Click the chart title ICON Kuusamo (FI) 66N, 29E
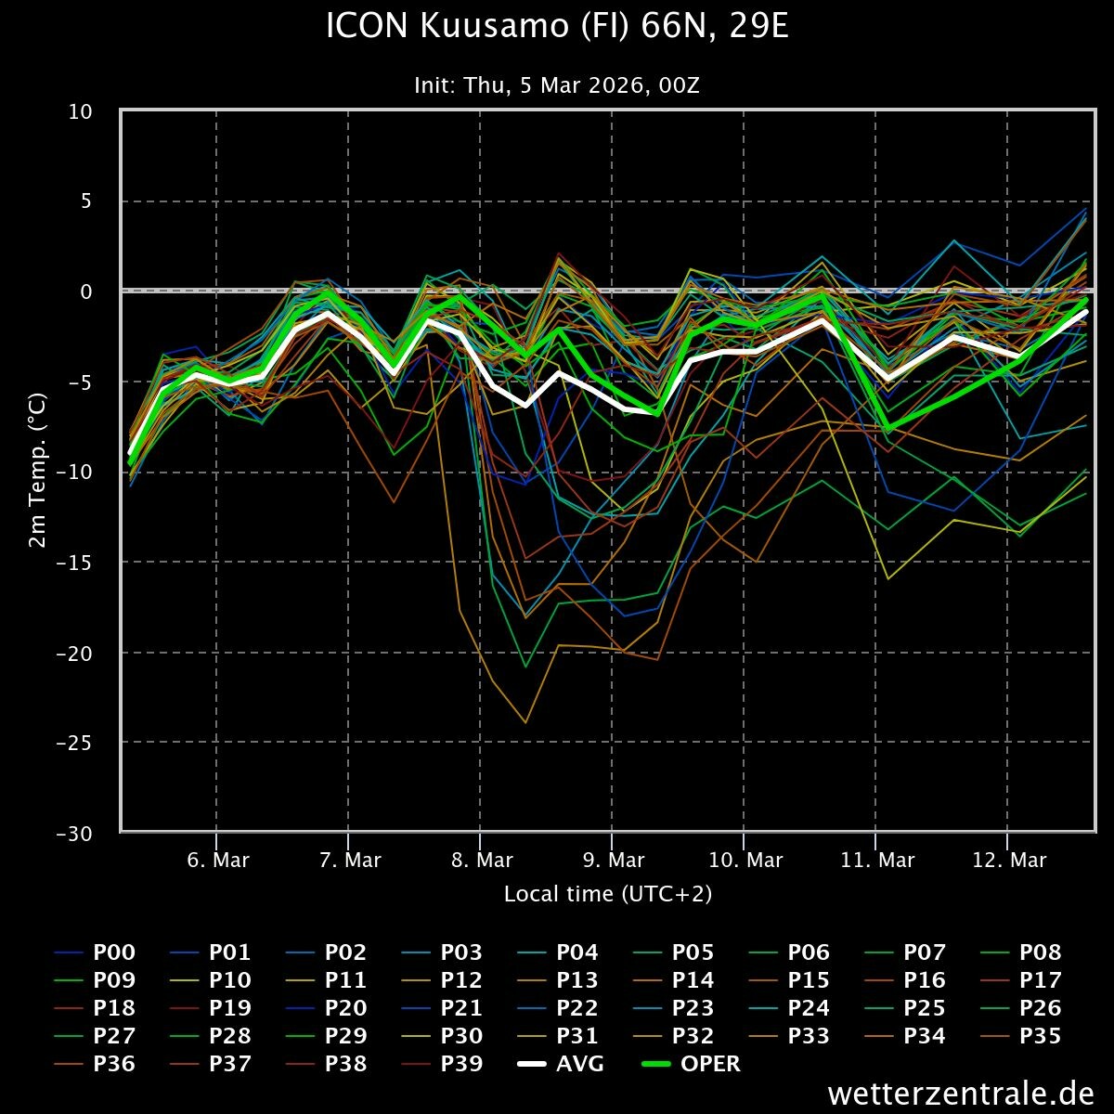point(557,26)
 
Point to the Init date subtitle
point(557,85)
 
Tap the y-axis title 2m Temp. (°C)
point(38,472)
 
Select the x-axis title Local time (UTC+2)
point(608,893)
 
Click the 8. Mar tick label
point(482,861)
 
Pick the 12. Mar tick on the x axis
point(1009,861)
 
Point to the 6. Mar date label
point(218,861)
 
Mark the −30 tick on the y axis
point(74,833)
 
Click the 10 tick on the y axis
point(81,111)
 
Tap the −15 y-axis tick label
point(74,563)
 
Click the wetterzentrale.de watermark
point(960,1094)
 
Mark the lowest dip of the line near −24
point(525,722)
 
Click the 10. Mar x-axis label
point(745,861)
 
